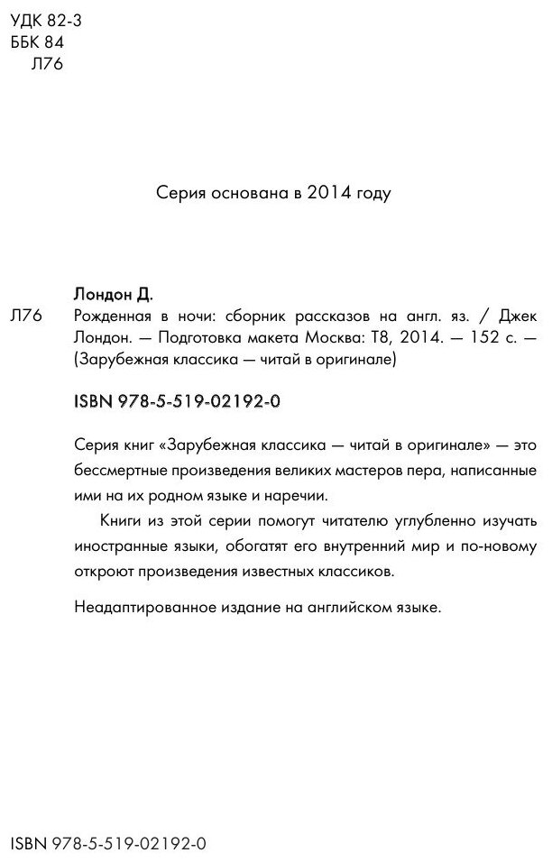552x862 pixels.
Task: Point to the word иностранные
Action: [x=119, y=546]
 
